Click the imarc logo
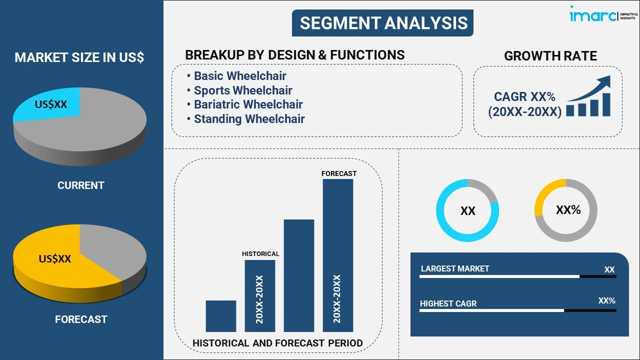coord(603,14)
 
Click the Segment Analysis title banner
coord(382,23)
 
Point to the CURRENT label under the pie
coord(81,185)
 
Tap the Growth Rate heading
coord(550,56)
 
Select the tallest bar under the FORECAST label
coord(338,255)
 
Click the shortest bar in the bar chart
coord(221,316)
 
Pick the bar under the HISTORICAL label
coord(260,296)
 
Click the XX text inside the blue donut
coord(467,211)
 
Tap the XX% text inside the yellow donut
coord(568,210)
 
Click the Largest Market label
coord(455,269)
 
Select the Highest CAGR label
coord(448,303)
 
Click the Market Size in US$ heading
coord(79,57)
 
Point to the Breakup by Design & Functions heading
coord(295,55)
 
